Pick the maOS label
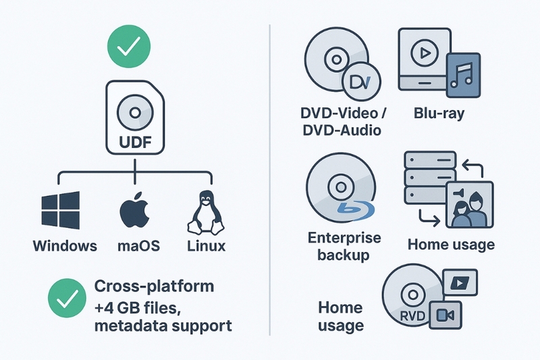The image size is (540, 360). tap(136, 245)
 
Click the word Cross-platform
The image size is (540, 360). tap(155, 285)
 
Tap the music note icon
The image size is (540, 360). tap(464, 72)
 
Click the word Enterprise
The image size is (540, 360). tap(344, 238)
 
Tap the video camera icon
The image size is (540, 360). tap(444, 314)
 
